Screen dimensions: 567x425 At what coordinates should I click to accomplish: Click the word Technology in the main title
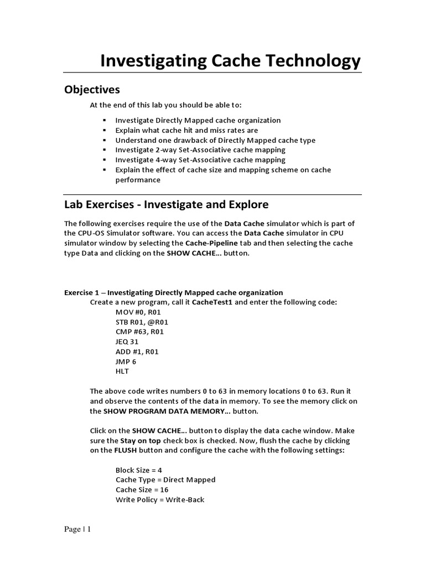pos(305,60)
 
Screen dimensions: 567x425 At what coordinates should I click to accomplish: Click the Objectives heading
pos(92,89)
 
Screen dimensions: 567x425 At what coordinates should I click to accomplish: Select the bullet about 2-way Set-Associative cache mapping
pos(200,150)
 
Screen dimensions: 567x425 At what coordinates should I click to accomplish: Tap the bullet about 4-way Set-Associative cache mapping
pos(200,160)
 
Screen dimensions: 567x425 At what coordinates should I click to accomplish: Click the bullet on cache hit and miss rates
pos(186,130)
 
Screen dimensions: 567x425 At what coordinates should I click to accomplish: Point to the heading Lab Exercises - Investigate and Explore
pos(166,204)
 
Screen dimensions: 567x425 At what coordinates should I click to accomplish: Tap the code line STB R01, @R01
pos(142,322)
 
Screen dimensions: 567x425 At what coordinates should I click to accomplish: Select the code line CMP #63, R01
pos(139,332)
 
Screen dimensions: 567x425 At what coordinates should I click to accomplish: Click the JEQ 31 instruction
pos(127,342)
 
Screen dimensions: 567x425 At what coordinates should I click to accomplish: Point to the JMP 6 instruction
pos(126,362)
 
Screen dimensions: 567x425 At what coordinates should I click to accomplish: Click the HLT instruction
pos(122,372)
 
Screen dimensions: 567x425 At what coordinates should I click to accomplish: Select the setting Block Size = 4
pos(138,470)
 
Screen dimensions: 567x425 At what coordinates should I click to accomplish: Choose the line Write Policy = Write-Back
pos(159,499)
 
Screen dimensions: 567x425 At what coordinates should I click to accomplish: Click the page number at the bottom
pos(77,530)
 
